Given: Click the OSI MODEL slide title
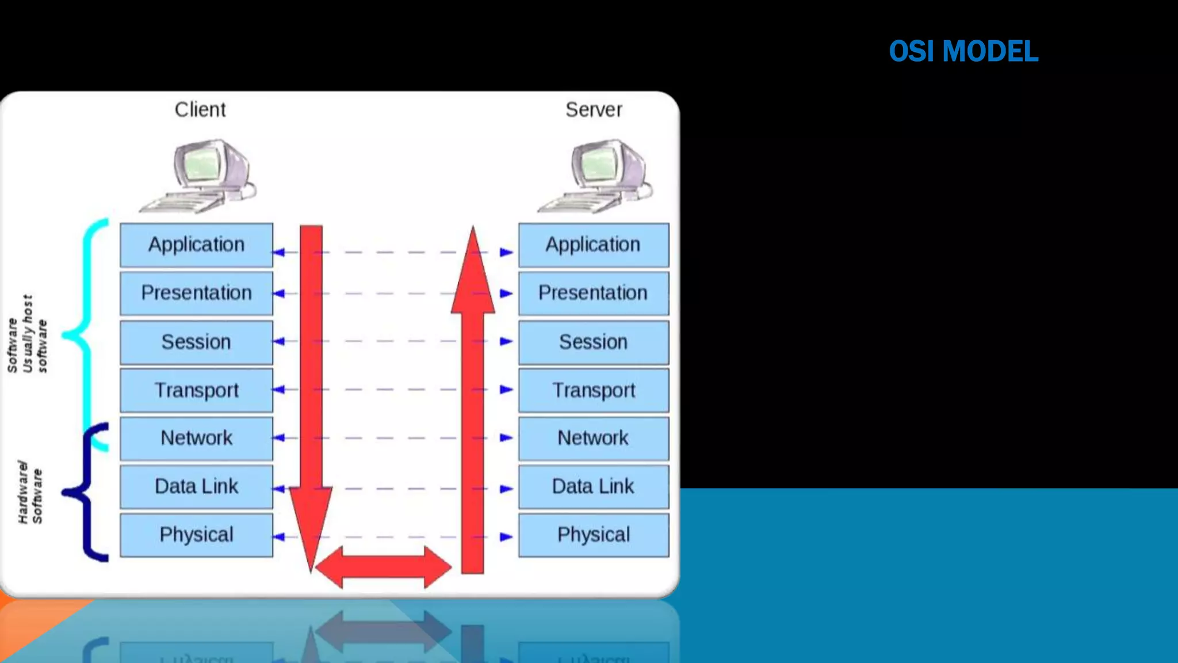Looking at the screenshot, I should tap(963, 51).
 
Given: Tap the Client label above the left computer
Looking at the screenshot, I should tap(200, 109).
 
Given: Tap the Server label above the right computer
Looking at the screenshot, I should tap(594, 109).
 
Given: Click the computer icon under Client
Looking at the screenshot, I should tap(201, 176).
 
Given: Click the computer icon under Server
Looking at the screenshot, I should tap(598, 176).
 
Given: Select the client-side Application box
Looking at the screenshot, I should tap(196, 245).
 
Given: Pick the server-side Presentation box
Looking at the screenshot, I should tap(593, 294).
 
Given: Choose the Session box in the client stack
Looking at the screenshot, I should tap(196, 342).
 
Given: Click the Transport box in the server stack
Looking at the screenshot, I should tap(593, 390).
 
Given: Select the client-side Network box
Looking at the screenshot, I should tap(196, 439).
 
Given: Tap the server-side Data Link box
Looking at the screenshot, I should tap(593, 487).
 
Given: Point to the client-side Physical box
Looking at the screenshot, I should tap(196, 535).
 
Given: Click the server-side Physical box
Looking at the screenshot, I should tap(593, 535).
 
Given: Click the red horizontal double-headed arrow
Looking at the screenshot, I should tap(383, 567).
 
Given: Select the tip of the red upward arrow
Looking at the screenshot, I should tap(473, 229).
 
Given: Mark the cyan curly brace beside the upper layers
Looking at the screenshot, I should tap(86, 334).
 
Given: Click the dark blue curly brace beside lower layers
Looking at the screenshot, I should tap(86, 493).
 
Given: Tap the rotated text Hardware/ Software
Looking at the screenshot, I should tap(30, 493).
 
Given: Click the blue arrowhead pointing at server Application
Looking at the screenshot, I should tap(506, 252).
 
